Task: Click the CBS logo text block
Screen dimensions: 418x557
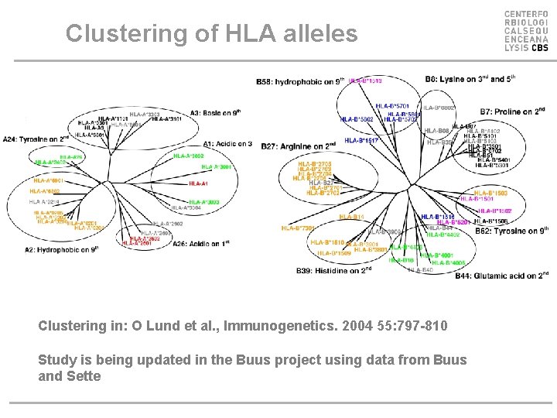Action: [x=526, y=31]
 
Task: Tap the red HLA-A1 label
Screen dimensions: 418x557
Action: [x=199, y=183]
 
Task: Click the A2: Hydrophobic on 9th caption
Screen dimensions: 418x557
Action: [x=62, y=250]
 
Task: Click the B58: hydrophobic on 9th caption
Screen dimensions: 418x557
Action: [x=299, y=81]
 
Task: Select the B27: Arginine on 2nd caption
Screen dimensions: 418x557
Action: [x=298, y=146]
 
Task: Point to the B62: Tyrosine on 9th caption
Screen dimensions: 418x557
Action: [x=511, y=231]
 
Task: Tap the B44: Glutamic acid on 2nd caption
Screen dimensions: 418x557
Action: [x=501, y=276]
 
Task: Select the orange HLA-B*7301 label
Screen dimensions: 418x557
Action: [x=297, y=228]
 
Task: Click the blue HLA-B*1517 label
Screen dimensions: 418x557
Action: [x=362, y=140]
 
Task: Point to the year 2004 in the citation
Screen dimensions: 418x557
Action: [x=340, y=326]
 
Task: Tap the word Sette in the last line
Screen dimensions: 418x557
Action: [x=82, y=376]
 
